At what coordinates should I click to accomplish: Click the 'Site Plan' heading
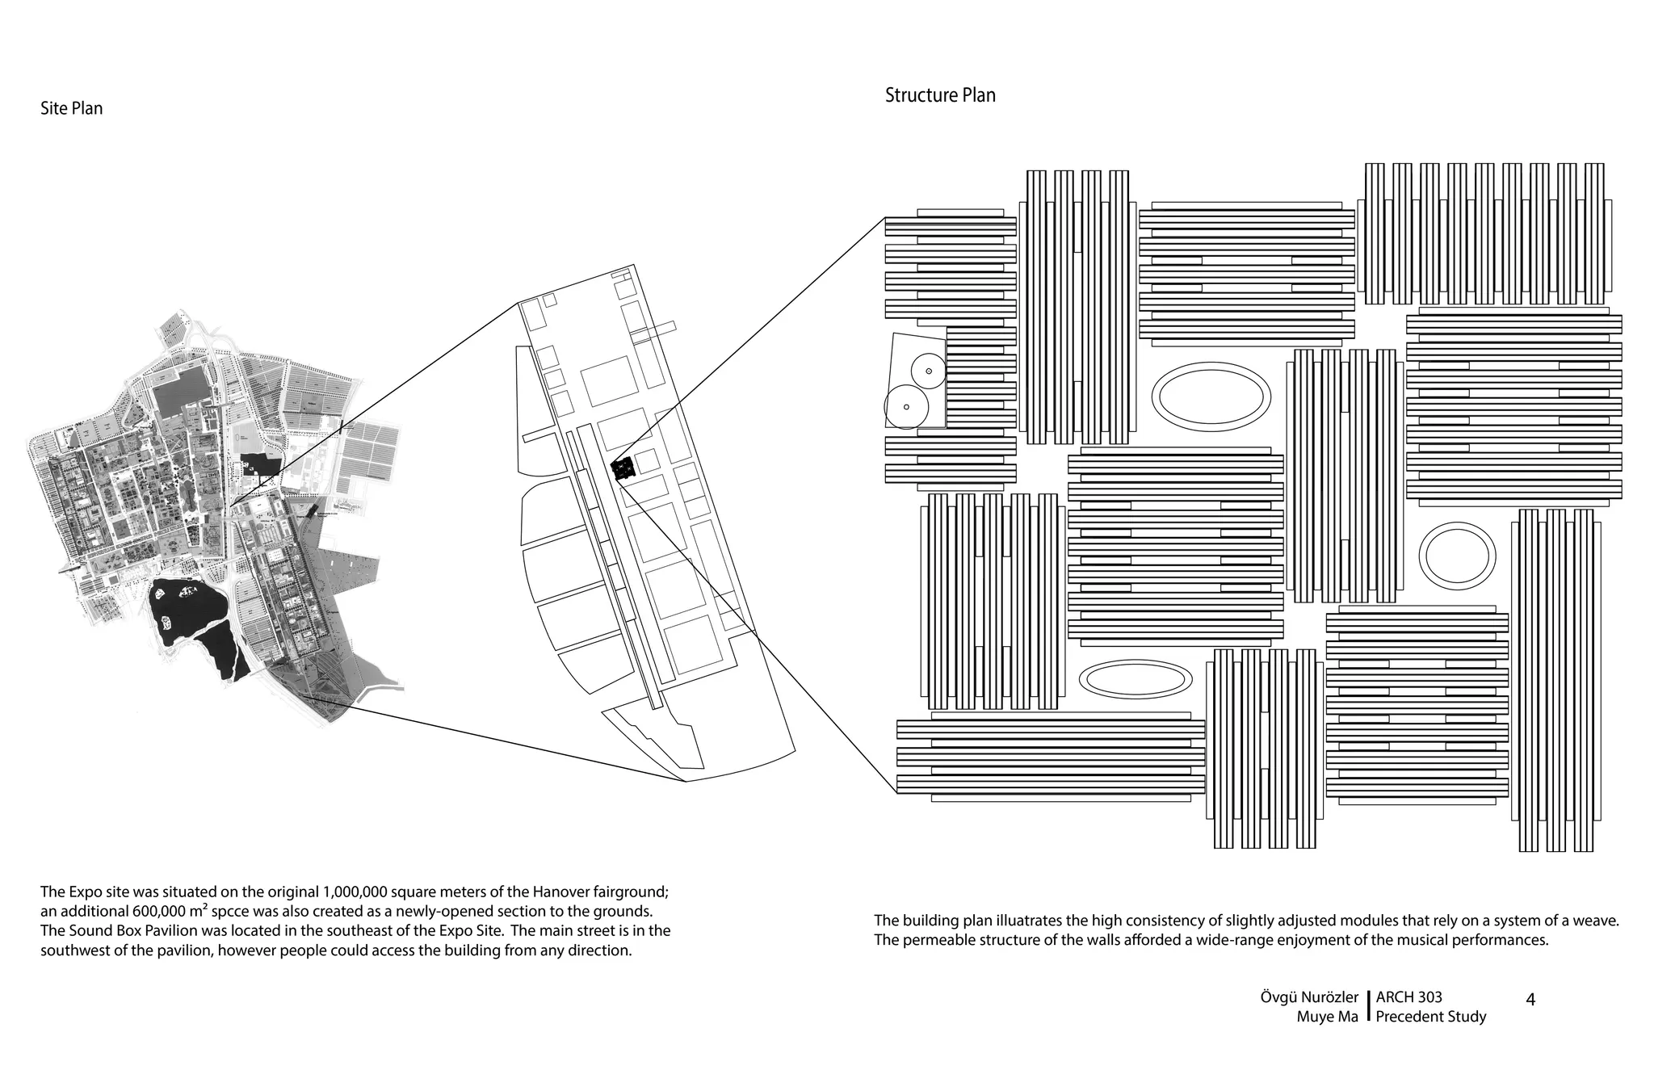71,108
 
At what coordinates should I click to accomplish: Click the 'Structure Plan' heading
939,95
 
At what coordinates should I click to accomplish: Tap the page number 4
1530,999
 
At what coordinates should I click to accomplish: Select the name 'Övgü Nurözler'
1308,997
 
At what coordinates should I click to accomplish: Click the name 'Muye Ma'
1327,1017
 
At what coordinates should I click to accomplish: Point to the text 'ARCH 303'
1408,997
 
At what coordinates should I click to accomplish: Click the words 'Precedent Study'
1430,1017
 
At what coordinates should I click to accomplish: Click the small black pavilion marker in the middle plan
622,469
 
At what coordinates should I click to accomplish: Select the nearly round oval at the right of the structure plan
1457,556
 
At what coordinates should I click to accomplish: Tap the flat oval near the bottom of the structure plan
1135,679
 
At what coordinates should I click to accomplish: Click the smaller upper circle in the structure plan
928,371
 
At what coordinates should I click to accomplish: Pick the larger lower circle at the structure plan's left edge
905,407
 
